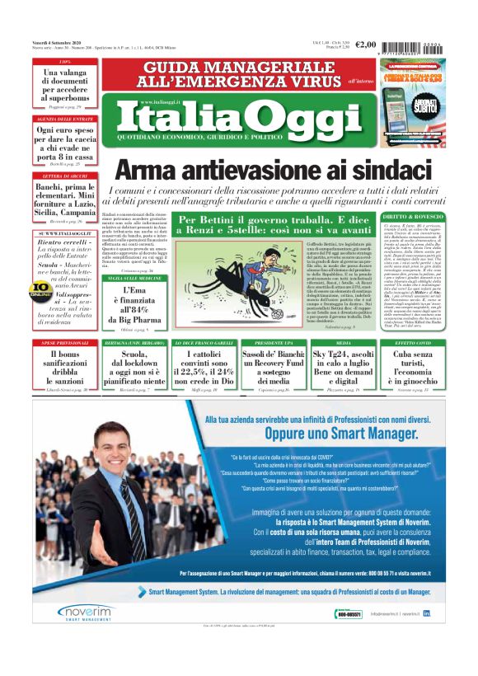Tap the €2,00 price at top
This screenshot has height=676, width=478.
tap(367, 46)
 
